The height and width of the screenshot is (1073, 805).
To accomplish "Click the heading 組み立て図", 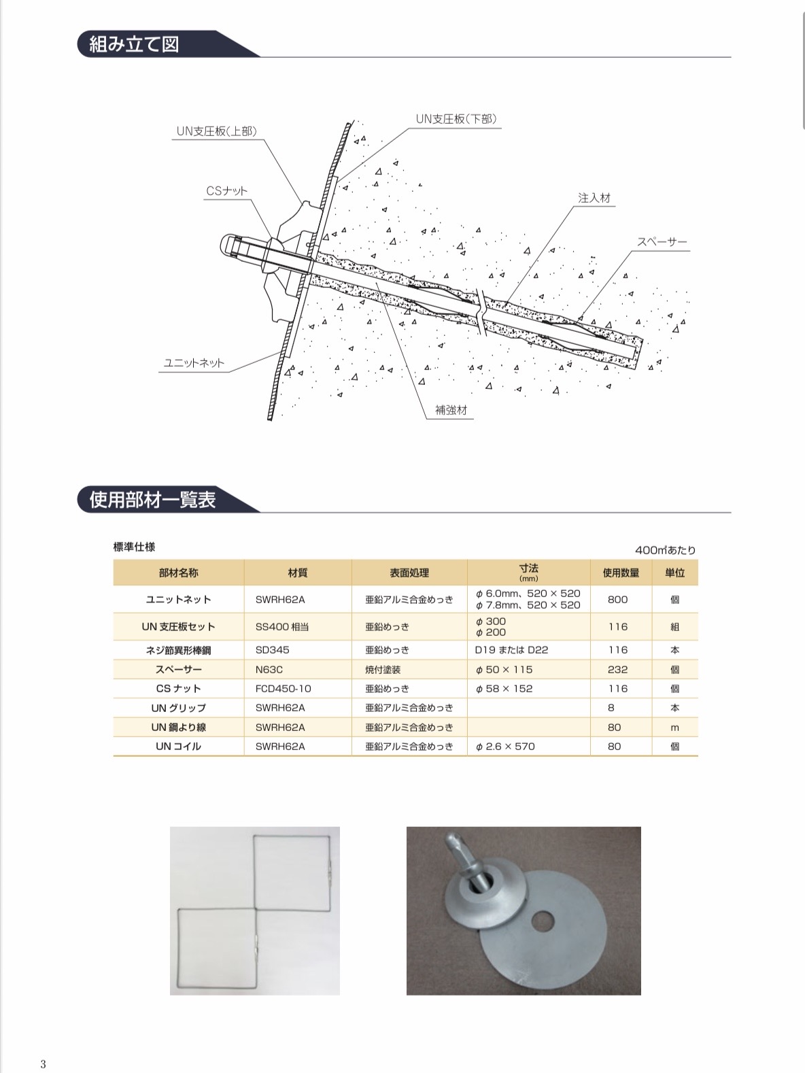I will click(x=135, y=44).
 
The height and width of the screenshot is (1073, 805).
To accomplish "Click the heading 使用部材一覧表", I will click(x=153, y=500).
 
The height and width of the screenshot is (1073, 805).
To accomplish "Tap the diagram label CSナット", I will click(x=227, y=192).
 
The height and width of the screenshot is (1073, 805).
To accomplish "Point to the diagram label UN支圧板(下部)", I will click(x=456, y=118).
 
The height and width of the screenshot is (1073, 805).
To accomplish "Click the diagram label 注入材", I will click(x=594, y=198).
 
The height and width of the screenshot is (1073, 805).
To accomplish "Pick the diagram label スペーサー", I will click(x=662, y=242).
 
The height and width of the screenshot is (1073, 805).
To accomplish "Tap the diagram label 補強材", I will click(x=451, y=411).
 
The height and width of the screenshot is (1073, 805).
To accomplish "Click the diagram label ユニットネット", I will click(x=194, y=363).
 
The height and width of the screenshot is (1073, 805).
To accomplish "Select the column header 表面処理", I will click(x=409, y=573).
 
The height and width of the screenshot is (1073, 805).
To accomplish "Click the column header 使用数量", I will click(x=621, y=573).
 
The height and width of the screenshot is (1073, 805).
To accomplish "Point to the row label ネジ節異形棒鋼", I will click(x=178, y=650).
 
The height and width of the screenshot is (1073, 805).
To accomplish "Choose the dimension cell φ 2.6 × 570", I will click(x=505, y=747).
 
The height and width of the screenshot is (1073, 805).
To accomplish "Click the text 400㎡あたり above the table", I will click(x=665, y=550).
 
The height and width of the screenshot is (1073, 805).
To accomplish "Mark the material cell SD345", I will click(x=273, y=650).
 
